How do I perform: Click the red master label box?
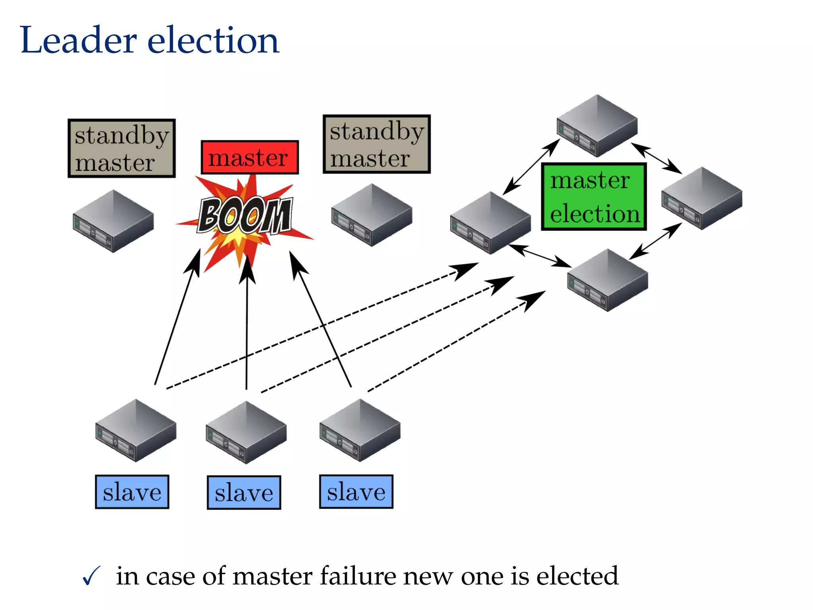coord(249,157)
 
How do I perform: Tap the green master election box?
coord(594,197)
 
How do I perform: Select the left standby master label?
coord(121,148)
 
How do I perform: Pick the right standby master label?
coord(376,144)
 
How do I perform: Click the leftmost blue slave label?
coord(132,492)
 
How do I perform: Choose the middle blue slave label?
coord(244,492)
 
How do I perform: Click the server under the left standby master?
coord(113,221)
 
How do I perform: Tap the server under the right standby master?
coord(372,215)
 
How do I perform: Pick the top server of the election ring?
coord(597,126)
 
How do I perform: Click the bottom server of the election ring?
coord(607,280)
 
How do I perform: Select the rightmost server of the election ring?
coord(701,198)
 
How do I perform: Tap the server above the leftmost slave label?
coord(136,430)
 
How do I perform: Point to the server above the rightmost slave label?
coord(360,430)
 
